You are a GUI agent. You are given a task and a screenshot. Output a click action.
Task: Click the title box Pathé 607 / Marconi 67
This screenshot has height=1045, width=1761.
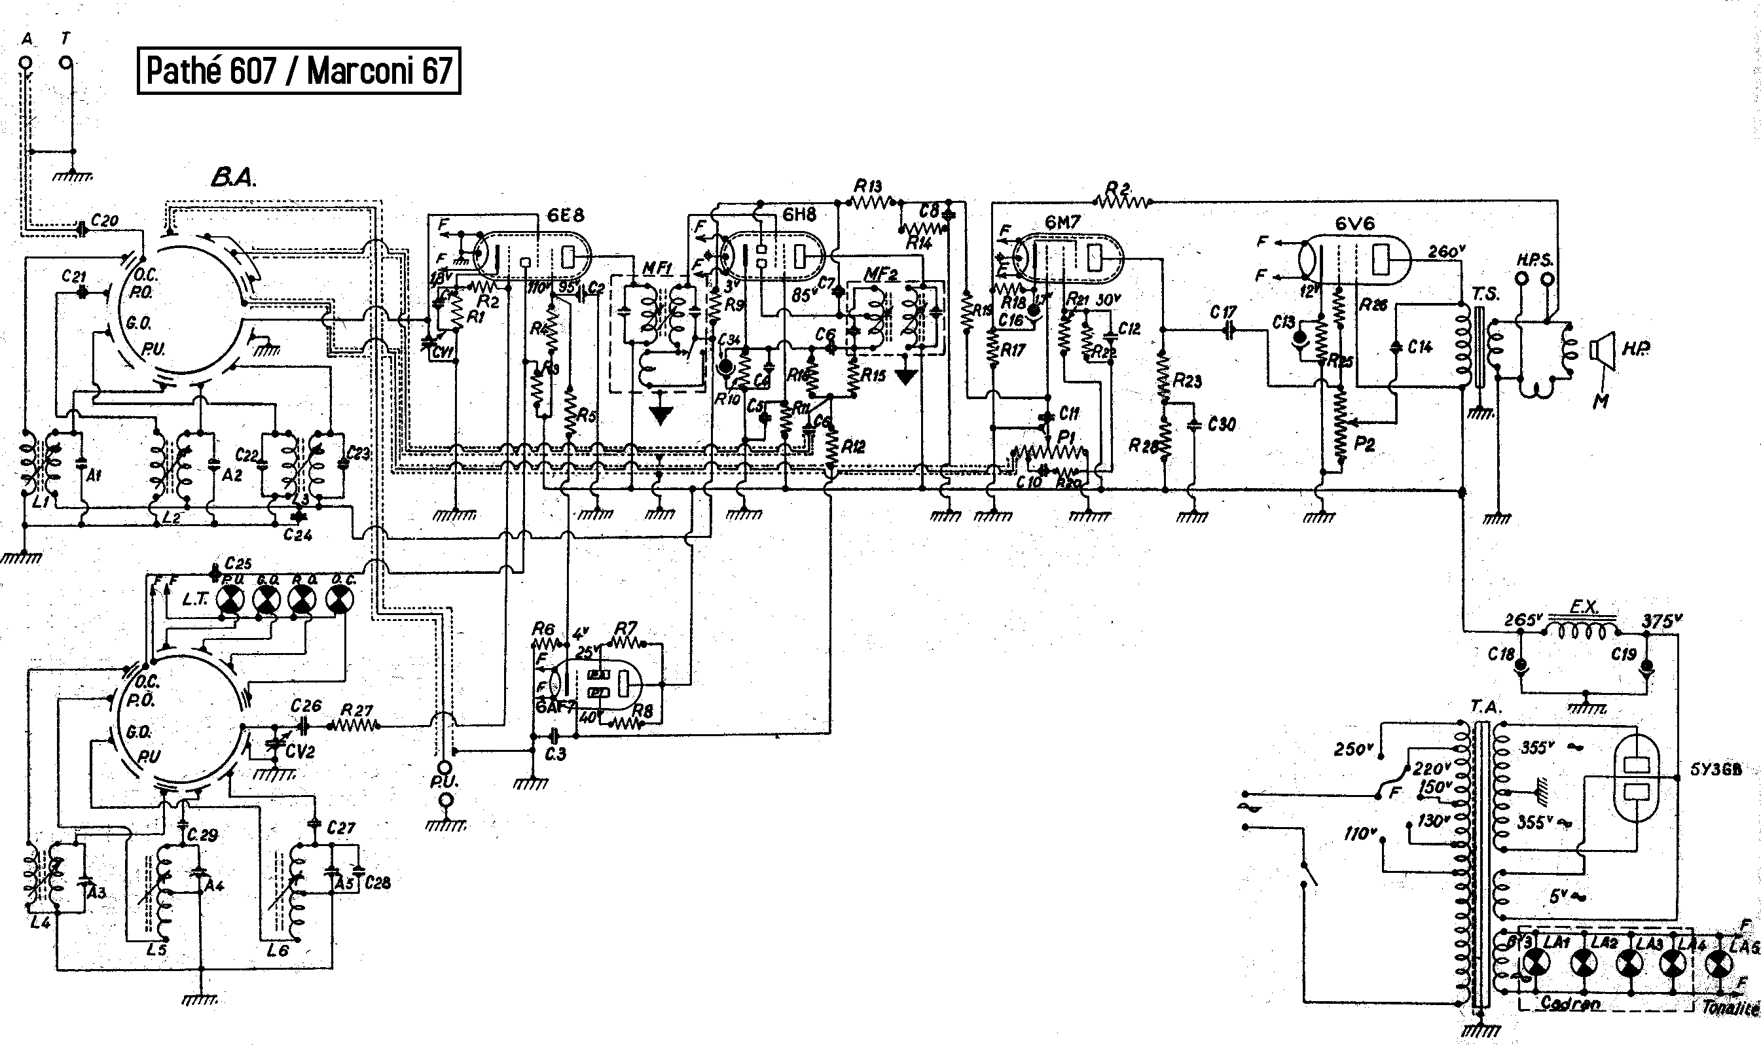pyautogui.click(x=299, y=71)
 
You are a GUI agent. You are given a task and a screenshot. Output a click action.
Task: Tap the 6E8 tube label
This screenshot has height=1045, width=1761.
pyautogui.click(x=566, y=215)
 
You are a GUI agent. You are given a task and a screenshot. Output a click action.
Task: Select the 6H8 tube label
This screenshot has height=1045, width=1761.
pyautogui.click(x=799, y=215)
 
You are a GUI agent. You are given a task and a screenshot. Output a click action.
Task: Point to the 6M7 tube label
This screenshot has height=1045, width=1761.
pyautogui.click(x=1062, y=222)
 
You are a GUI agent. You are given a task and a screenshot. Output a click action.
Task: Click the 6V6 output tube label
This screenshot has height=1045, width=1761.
pyautogui.click(x=1354, y=223)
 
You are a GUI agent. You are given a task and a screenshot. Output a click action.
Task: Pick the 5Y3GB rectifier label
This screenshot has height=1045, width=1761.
pyautogui.click(x=1716, y=770)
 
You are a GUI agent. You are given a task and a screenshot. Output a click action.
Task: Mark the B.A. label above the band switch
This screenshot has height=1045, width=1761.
pyautogui.click(x=233, y=179)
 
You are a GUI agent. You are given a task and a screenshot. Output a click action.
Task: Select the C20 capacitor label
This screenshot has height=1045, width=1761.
pyautogui.click(x=105, y=221)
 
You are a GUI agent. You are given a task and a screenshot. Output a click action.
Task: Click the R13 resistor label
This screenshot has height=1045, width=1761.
pyautogui.click(x=868, y=186)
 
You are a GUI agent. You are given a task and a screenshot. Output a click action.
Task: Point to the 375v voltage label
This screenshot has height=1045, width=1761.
pyautogui.click(x=1661, y=621)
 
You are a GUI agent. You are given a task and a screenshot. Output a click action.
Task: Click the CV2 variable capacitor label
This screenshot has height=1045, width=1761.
pyautogui.click(x=299, y=751)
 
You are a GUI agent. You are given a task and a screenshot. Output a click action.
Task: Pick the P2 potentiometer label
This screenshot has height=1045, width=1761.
pyautogui.click(x=1364, y=444)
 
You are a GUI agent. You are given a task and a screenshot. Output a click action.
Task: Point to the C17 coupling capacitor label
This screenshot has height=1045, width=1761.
pyautogui.click(x=1223, y=311)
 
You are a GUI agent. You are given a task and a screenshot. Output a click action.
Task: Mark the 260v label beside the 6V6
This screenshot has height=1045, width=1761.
pyautogui.click(x=1447, y=251)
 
